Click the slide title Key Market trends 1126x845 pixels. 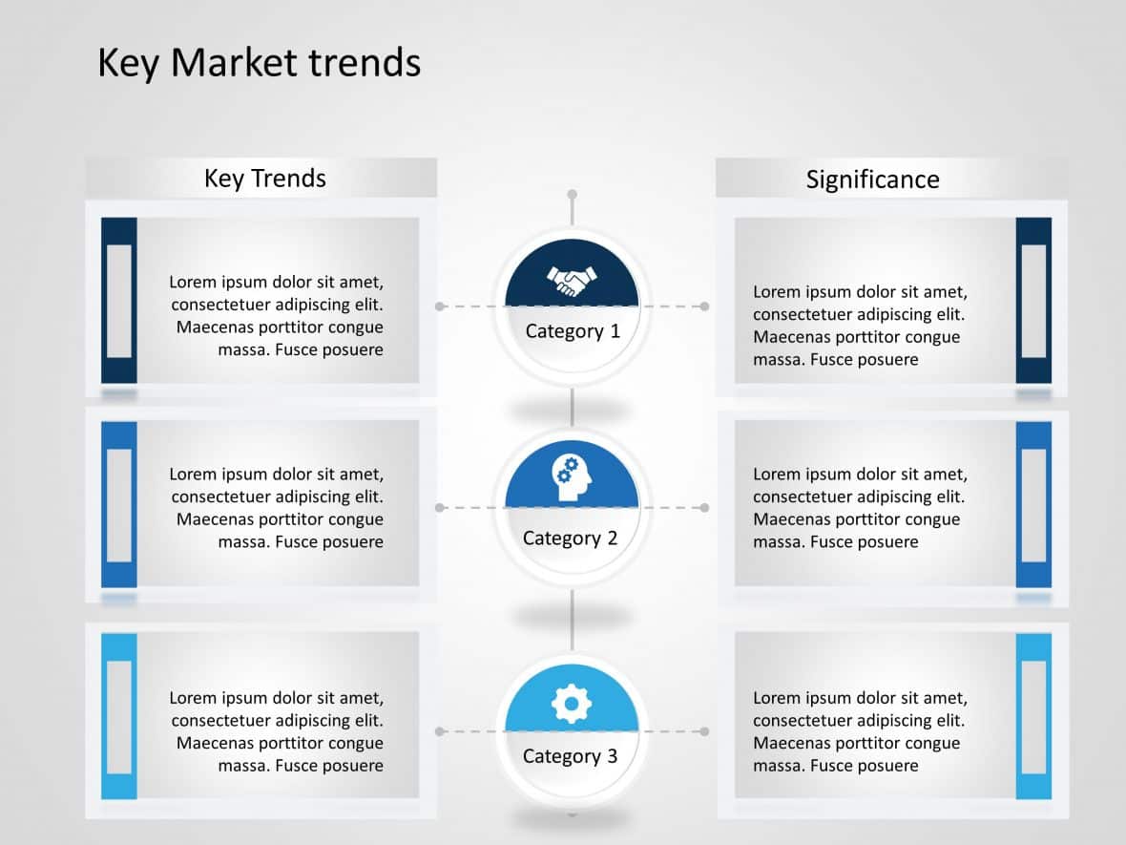coord(259,63)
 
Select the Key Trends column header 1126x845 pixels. coord(264,179)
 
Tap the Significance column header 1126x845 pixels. coord(872,180)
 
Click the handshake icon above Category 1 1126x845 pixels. coord(572,281)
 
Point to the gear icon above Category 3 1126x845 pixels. coord(572,705)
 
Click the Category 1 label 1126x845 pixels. coord(573,331)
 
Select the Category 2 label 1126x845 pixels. coord(571,539)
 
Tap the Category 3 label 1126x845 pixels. coord(571,756)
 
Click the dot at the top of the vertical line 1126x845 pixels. coord(572,195)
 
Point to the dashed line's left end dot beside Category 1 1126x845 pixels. coord(440,306)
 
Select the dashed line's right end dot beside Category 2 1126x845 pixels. coord(704,508)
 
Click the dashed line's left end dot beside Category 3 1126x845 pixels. coord(440,731)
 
